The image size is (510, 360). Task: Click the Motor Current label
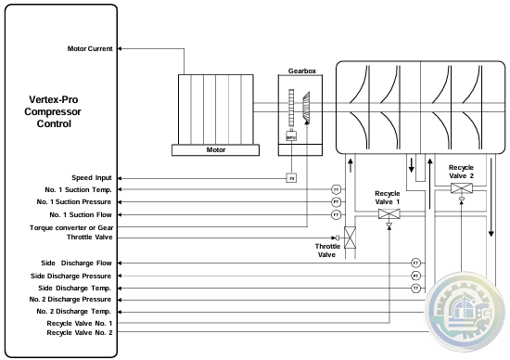(91, 49)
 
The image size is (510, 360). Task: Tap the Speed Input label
(92, 177)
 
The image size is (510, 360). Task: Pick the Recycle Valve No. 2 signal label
(80, 331)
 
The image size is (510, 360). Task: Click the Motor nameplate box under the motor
(215, 148)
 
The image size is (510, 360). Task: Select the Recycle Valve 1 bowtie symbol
(389, 213)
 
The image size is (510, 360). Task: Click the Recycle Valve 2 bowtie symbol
(461, 189)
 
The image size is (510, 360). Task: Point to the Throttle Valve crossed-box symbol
(351, 238)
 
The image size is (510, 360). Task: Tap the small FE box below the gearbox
(291, 177)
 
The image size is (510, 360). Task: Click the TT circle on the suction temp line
(337, 189)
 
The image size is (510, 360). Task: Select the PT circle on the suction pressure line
(337, 201)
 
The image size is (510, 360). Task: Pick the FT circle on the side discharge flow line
(416, 263)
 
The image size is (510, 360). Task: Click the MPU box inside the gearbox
(290, 136)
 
